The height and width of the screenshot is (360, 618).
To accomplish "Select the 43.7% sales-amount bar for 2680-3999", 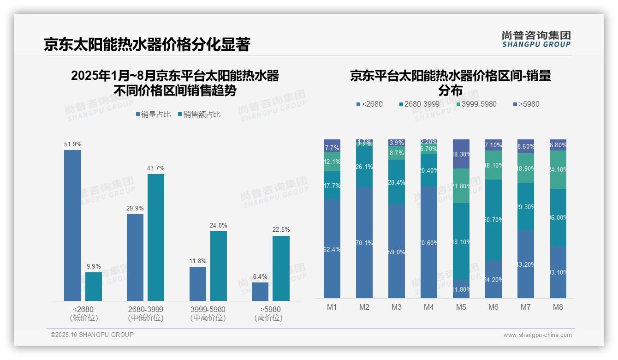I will pos(156,237).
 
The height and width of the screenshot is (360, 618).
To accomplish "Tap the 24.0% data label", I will pos(219,225).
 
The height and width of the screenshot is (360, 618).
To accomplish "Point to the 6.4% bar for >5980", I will pos(260,292).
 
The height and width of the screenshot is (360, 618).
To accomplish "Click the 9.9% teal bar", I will pos(94,287).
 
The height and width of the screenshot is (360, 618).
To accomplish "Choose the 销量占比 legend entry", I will pos(155,114).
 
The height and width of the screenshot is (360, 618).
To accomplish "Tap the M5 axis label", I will pos(461,307).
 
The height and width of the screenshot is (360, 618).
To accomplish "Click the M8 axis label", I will pos(558,307).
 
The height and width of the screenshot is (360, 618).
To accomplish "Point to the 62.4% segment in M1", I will pos(332,249).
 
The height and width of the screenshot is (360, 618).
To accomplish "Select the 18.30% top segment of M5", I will pos(461,154).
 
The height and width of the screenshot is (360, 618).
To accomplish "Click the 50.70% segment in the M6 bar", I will pos(493,220).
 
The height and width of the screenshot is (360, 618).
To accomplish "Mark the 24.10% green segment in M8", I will pos(558,169).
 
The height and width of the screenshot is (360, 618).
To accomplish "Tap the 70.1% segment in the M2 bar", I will pos(364,242).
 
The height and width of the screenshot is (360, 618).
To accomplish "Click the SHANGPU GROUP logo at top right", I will pos(536,39).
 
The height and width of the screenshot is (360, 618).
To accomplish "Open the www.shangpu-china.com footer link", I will pos(537,335).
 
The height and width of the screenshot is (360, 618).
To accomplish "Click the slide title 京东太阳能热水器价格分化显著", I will pos(147,45).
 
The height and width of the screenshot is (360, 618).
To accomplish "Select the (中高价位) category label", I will pos(208,318).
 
